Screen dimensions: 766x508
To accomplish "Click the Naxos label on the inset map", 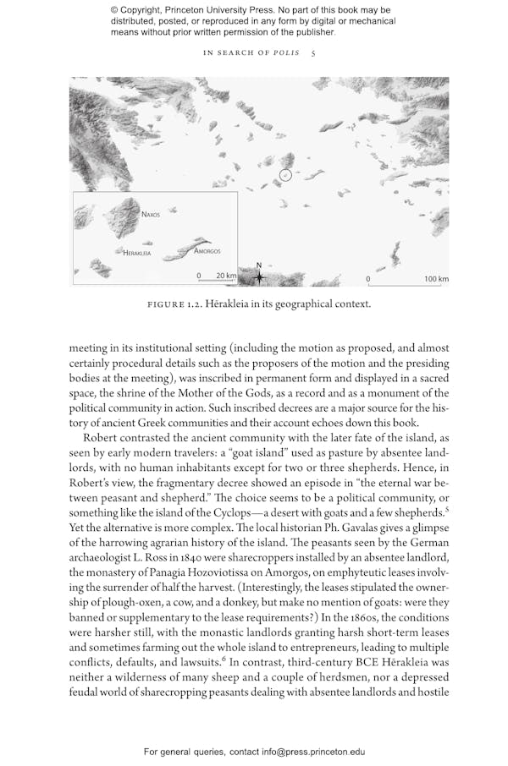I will coord(151,215).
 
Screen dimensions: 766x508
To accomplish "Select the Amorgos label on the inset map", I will coord(207,251).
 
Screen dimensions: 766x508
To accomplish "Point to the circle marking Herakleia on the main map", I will coord(285,175).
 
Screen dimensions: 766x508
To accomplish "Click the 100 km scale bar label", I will coord(436,278).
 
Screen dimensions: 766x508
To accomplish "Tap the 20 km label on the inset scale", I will coord(226,276).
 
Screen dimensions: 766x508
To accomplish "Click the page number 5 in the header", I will coord(313,52).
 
